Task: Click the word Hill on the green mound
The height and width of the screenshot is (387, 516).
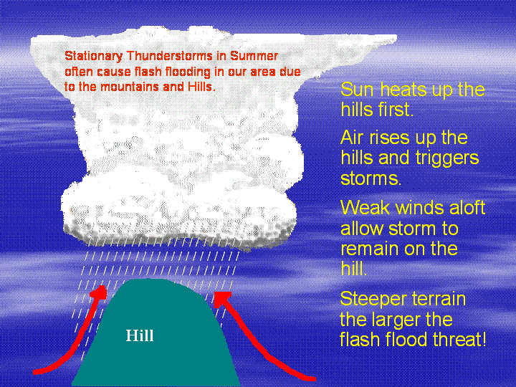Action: [x=140, y=335]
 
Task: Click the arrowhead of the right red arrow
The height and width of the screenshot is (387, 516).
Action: [x=222, y=299]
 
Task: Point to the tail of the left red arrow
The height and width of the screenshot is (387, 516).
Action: [x=34, y=372]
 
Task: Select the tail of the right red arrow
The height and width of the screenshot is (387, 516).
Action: [x=315, y=379]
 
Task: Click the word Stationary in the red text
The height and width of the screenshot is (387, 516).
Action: [x=93, y=57]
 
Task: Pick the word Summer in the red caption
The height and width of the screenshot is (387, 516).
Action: [x=254, y=56]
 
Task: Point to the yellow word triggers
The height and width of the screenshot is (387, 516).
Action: [x=447, y=158]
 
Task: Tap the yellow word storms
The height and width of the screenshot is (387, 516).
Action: [x=371, y=178]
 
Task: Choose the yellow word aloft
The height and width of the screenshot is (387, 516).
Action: [x=467, y=208]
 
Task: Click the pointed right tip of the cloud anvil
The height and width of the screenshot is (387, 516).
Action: [x=396, y=37]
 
